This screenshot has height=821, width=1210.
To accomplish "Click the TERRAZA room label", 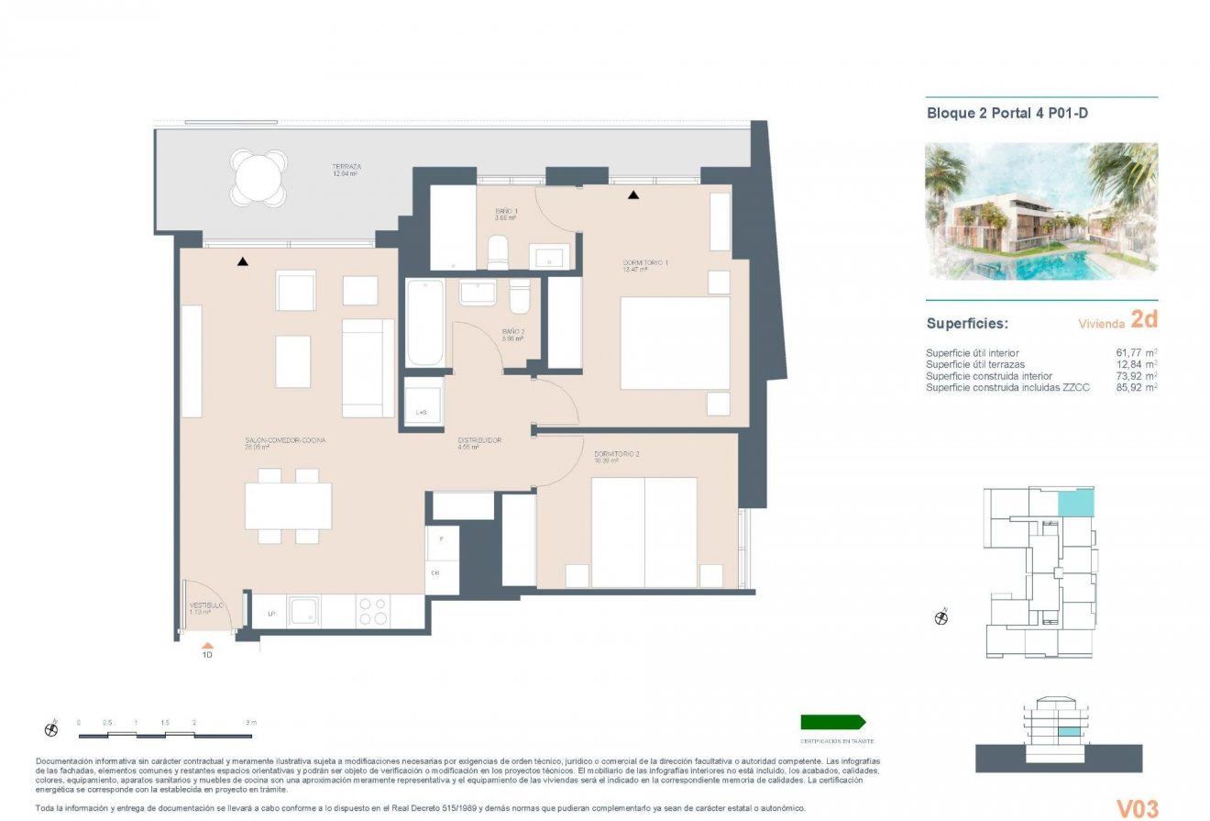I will click(346, 167).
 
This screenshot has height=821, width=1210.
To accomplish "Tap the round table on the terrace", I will click(259, 176).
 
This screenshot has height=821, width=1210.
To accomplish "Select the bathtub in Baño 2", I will click(425, 322).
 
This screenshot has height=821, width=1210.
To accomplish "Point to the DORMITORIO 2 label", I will click(616, 454).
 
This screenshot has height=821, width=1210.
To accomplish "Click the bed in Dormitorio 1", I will click(676, 343).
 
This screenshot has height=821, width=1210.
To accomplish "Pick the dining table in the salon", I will click(288, 505).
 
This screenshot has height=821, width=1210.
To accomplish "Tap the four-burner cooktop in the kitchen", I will click(372, 612).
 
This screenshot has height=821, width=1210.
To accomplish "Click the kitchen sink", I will click(304, 611).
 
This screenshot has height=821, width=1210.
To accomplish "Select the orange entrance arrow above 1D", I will click(207, 645).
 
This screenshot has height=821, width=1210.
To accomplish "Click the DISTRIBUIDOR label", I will click(479, 440).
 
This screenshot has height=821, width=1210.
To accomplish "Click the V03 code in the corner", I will click(1137, 808).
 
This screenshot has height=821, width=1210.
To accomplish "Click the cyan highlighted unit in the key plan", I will click(1076, 502).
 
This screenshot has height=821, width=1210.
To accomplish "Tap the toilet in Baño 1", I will click(498, 253).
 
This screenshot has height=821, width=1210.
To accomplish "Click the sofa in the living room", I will click(368, 368).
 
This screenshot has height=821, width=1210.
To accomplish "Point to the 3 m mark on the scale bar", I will click(251, 723).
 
